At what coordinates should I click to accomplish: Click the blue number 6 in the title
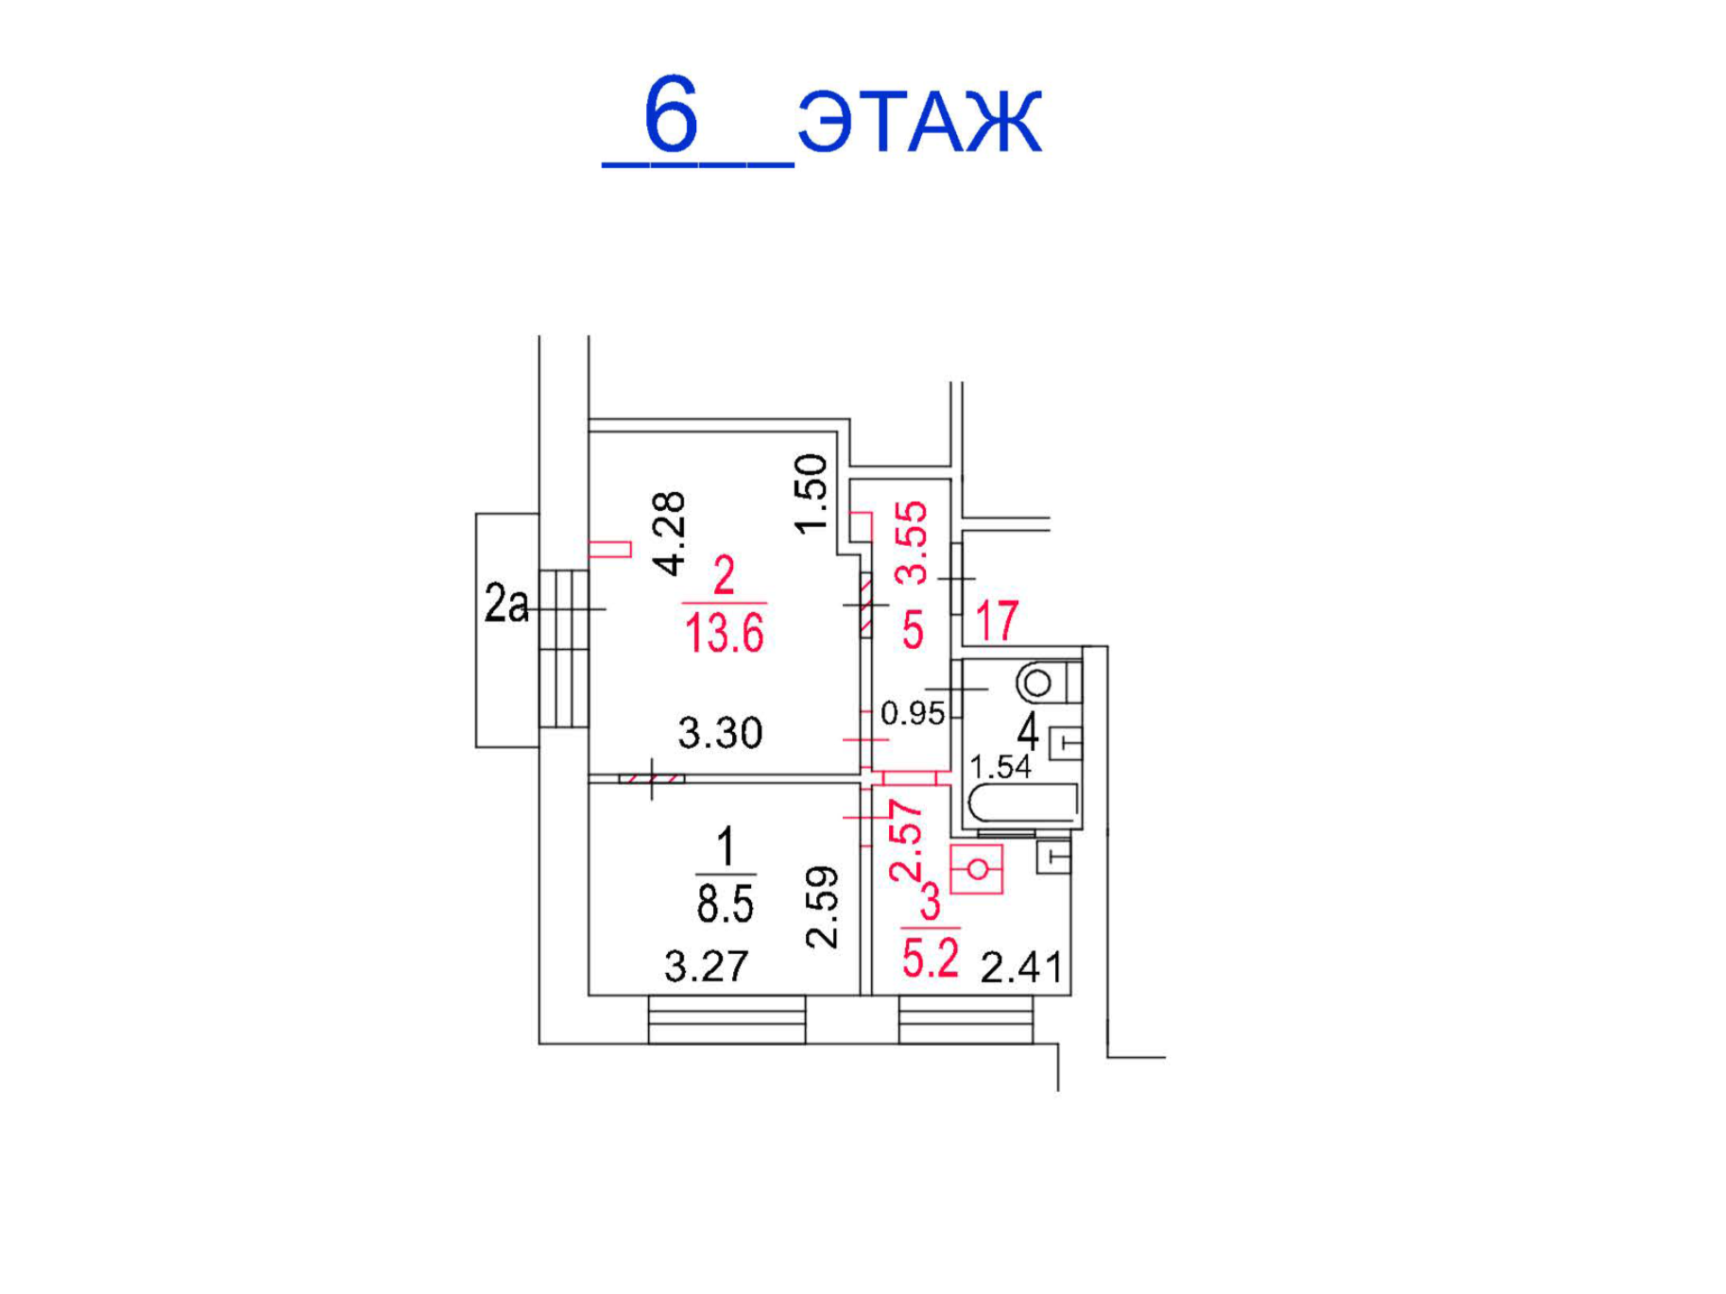pos(671,114)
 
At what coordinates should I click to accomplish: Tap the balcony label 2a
pos(506,604)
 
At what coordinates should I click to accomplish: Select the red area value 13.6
pos(724,633)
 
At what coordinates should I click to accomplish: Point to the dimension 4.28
pos(670,534)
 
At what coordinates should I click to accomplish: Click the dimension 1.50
pos(812,494)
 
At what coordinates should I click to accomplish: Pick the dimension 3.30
pos(720,733)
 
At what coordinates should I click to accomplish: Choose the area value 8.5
pos(725,904)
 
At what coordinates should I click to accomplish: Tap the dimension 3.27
pos(706,966)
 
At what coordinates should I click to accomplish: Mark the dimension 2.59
pos(822,907)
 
